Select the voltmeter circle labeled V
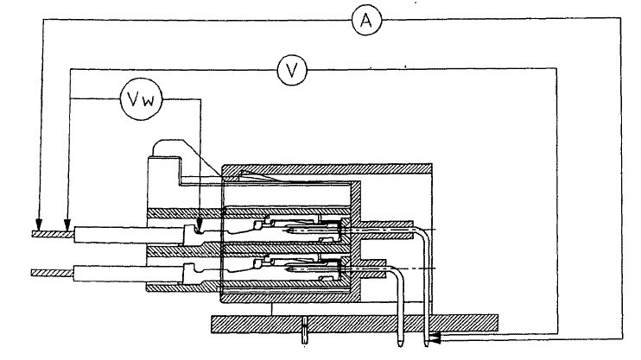[295, 70]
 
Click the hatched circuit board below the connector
[354, 325]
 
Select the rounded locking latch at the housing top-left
[164, 147]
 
